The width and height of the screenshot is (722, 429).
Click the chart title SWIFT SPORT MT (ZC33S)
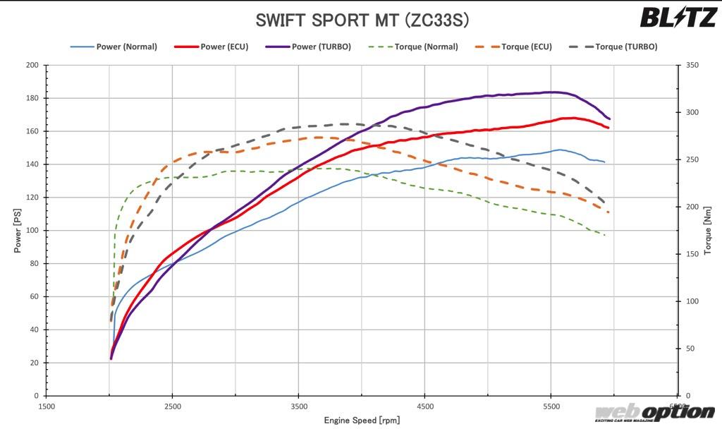pyautogui.click(x=361, y=20)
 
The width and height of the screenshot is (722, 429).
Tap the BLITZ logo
pyautogui.click(x=678, y=18)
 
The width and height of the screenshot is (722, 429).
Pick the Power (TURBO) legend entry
pyautogui.click(x=308, y=47)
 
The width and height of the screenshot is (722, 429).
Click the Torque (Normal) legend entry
pyautogui.click(x=413, y=47)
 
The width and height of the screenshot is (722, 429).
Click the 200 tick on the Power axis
pyautogui.click(x=32, y=65)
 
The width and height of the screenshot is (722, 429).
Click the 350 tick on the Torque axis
pyautogui.click(x=692, y=65)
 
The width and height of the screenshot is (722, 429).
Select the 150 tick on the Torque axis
pyautogui.click(x=692, y=254)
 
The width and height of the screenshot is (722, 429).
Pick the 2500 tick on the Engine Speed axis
pyautogui.click(x=173, y=406)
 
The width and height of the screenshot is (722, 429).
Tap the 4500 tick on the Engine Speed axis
pyautogui.click(x=424, y=406)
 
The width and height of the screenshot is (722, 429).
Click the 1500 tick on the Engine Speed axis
pyautogui.click(x=47, y=406)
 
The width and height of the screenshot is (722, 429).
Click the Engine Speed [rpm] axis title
pyautogui.click(x=362, y=421)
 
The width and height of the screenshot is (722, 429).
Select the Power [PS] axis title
pyautogui.click(x=17, y=230)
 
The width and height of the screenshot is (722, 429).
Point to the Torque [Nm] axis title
pyautogui.click(x=708, y=230)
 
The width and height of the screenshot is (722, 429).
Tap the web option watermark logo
pyautogui.click(x=654, y=412)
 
